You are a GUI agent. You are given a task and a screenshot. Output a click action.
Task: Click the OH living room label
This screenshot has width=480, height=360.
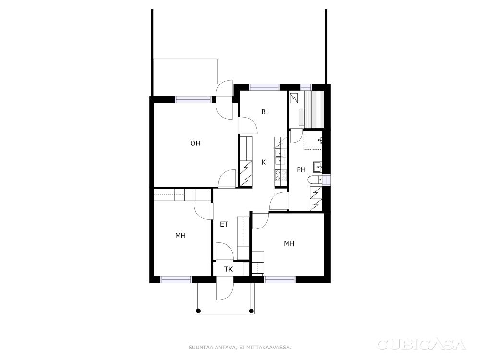195,143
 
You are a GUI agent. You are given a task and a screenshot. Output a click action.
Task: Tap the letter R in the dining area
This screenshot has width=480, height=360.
264,112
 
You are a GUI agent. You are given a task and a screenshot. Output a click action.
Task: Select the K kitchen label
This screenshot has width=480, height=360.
264,162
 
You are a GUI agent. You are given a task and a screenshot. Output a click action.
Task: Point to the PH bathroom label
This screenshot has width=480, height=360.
301,169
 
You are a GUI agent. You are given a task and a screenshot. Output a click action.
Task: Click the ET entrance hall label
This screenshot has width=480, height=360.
224,224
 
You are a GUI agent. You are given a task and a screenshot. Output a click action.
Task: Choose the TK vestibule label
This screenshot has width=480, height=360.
228,269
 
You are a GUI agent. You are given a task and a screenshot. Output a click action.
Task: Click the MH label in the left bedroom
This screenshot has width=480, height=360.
180,236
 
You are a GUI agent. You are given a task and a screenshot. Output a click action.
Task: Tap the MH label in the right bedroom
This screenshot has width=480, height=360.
289,244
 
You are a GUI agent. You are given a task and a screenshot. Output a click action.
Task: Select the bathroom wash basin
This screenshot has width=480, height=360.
318,167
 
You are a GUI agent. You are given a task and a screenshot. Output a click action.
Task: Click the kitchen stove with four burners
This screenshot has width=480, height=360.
281,175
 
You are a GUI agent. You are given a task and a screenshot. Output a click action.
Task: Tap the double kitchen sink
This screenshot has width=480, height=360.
281,157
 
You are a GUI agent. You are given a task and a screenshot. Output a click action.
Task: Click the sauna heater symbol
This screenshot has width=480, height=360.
295,97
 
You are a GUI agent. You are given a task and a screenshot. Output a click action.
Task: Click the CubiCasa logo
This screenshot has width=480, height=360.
421,345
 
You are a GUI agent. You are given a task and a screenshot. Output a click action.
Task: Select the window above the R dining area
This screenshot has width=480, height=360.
264,87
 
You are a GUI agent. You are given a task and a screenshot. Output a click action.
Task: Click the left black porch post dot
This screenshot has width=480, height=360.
198,311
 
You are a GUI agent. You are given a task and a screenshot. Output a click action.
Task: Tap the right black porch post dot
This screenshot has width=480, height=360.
252,311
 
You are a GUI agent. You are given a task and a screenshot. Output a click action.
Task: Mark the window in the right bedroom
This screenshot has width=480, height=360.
280,279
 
